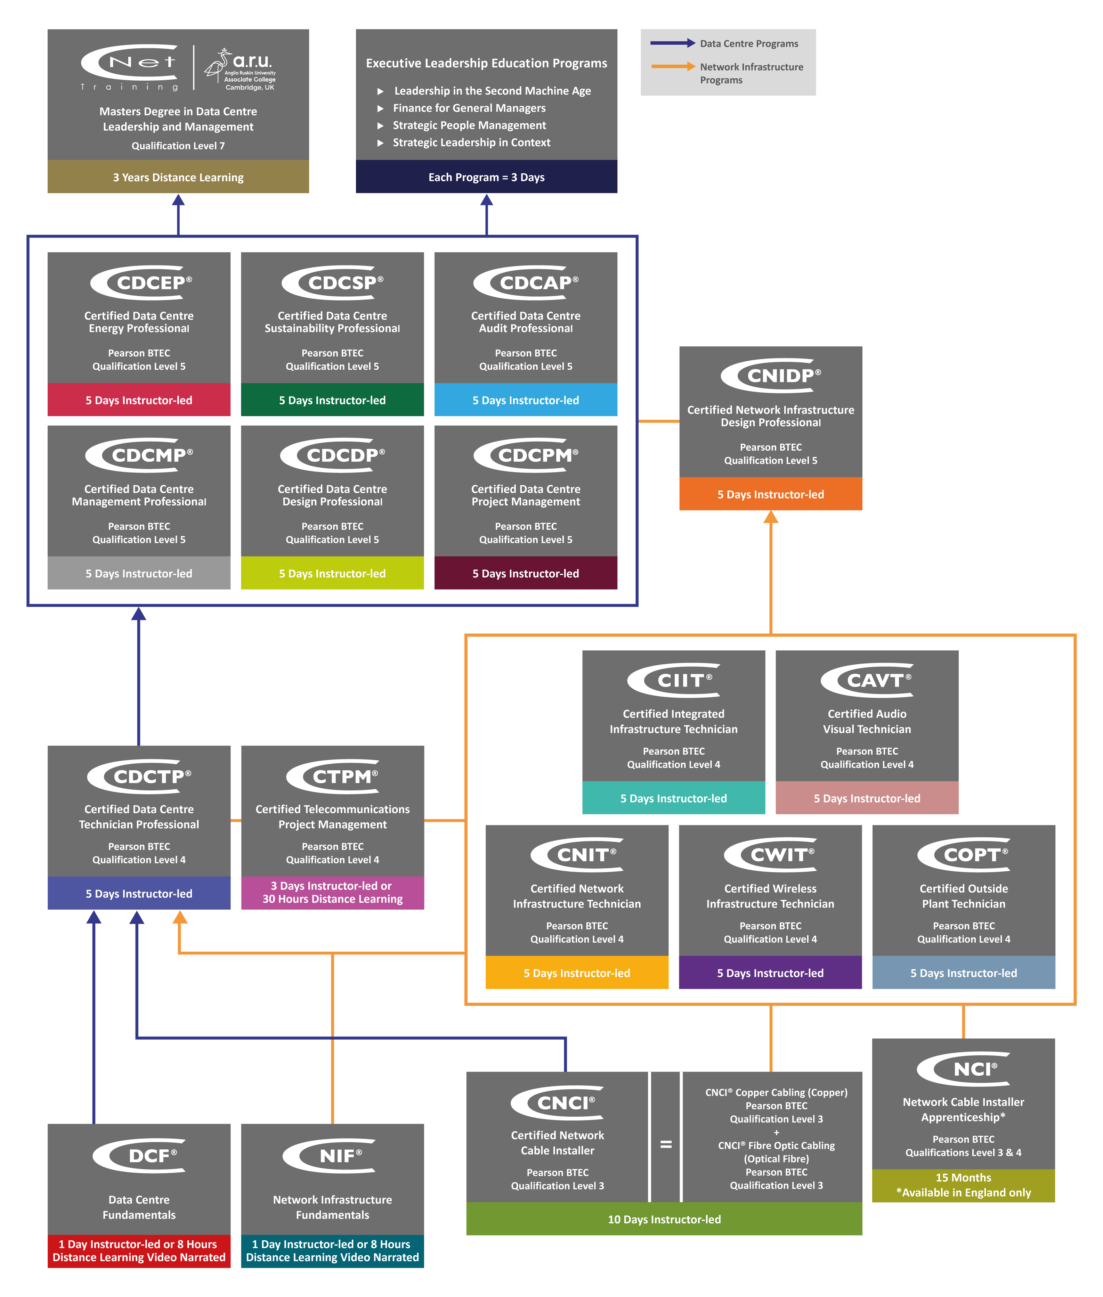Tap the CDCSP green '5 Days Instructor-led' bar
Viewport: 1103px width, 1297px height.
pyautogui.click(x=332, y=400)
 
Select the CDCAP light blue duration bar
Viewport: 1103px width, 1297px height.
pyautogui.click(x=525, y=400)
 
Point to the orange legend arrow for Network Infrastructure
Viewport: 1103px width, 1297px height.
pyautogui.click(x=673, y=66)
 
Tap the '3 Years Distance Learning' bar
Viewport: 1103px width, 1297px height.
pyautogui.click(x=178, y=177)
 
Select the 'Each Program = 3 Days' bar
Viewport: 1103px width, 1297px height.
pyautogui.click(x=486, y=177)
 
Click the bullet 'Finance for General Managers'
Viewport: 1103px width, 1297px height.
pyautogui.click(x=469, y=108)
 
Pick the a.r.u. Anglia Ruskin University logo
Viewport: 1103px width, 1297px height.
pyautogui.click(x=241, y=69)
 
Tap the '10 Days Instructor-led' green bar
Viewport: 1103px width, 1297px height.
pyautogui.click(x=664, y=1219)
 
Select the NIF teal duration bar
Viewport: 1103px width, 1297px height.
pyautogui.click(x=332, y=1251)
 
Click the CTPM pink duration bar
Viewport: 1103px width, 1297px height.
pyautogui.click(x=332, y=893)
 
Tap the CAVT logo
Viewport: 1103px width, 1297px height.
pyautogui.click(x=867, y=680)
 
